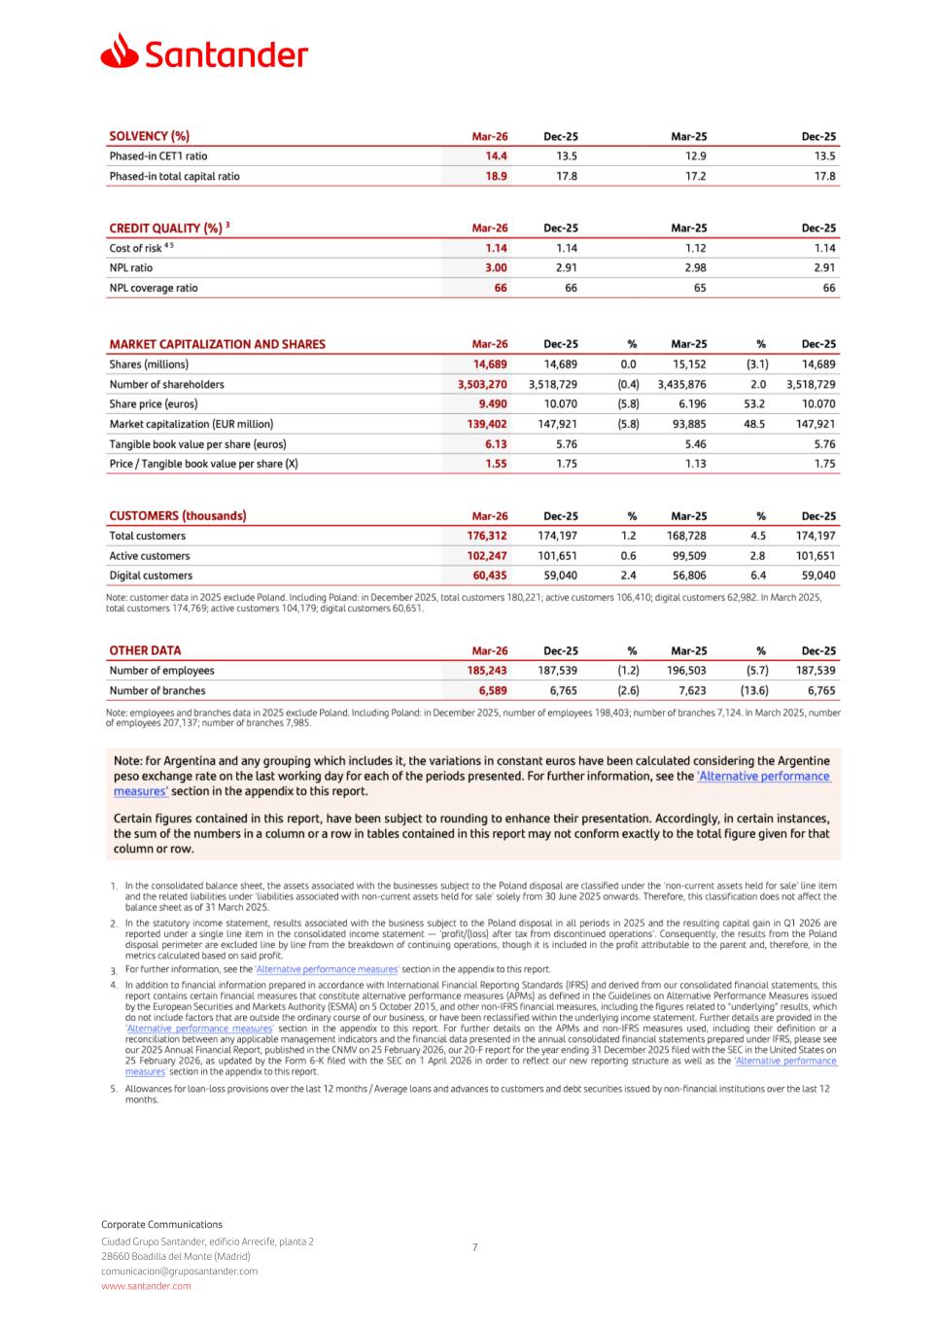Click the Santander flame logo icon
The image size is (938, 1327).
(x=120, y=51)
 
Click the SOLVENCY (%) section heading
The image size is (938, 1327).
(x=149, y=137)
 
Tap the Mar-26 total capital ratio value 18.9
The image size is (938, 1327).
(x=493, y=177)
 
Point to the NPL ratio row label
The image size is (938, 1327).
(x=131, y=268)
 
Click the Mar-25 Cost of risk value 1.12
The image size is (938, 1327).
(x=695, y=248)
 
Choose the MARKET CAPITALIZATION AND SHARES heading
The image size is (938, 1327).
(x=217, y=344)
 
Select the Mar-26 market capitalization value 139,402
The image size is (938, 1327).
(x=487, y=424)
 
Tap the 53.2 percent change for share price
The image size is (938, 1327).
(x=754, y=404)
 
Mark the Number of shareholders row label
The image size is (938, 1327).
(x=166, y=385)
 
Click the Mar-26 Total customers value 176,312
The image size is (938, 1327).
(x=487, y=536)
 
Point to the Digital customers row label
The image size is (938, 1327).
(x=151, y=576)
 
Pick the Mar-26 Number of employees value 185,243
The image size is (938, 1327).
(x=487, y=671)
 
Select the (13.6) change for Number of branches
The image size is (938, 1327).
(x=753, y=691)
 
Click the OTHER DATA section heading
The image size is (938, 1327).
(x=145, y=650)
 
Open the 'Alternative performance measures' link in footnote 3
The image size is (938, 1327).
(x=327, y=969)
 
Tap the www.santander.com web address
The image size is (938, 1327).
(x=146, y=1286)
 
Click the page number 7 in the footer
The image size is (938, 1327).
(x=474, y=1247)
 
